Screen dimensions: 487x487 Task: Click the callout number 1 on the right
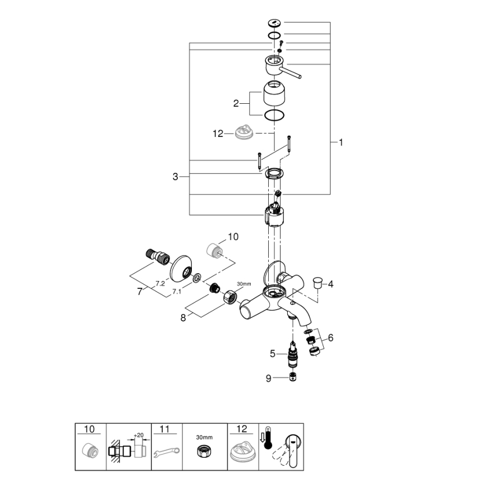click(x=341, y=143)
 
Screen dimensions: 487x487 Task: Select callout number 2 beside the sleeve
click(x=236, y=103)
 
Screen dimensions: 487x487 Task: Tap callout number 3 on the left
click(x=176, y=177)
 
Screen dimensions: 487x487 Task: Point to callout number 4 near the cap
click(x=330, y=284)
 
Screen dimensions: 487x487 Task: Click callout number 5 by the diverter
click(x=273, y=354)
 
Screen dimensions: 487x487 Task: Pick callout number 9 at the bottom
click(x=269, y=378)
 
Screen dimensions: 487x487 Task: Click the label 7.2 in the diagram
click(x=160, y=284)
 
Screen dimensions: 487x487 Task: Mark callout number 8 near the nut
click(x=182, y=318)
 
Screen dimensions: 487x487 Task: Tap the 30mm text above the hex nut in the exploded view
click(x=244, y=283)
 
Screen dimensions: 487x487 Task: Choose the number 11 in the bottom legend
click(x=164, y=429)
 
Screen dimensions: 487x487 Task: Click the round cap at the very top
click(x=275, y=24)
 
